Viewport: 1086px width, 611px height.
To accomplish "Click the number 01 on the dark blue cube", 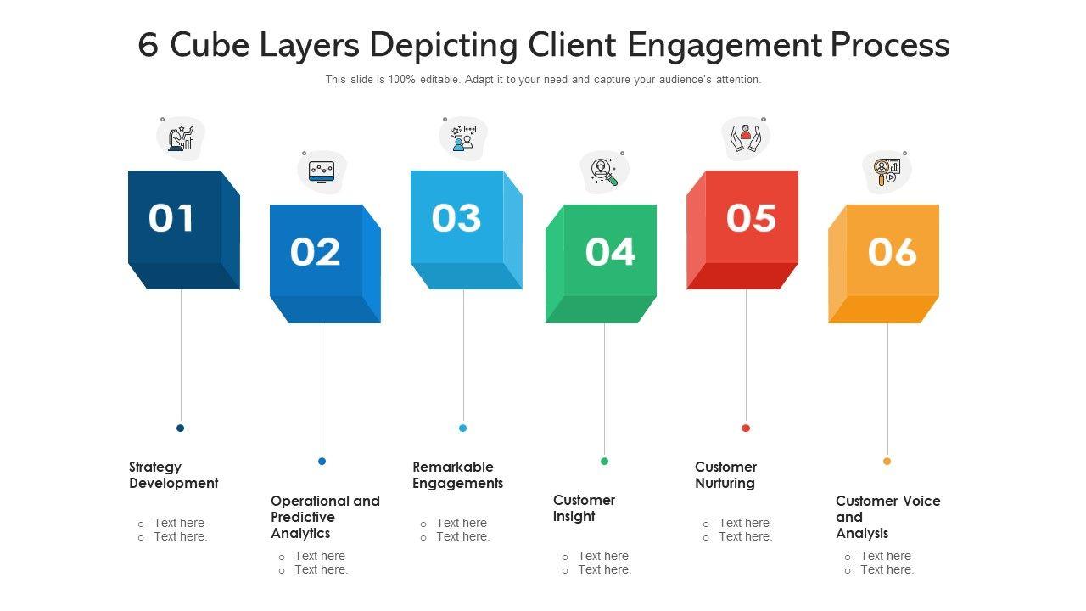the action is tap(171, 218).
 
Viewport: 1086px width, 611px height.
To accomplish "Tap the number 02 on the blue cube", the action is tap(315, 252).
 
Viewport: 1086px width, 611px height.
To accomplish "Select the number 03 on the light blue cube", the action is tap(456, 218).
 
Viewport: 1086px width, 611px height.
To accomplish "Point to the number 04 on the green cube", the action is tap(610, 252).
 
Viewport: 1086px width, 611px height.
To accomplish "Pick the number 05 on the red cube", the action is tap(751, 218).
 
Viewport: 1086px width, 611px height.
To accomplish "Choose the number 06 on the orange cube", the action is tap(892, 252).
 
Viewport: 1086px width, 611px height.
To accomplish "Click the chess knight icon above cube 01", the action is tap(181, 138).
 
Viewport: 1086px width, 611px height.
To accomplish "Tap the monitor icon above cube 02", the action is tap(322, 172).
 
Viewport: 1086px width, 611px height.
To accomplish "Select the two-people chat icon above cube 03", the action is tap(463, 138).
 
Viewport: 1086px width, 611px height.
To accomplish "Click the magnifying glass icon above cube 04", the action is tap(604, 172).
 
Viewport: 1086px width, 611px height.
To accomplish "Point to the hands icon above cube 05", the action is tap(746, 138).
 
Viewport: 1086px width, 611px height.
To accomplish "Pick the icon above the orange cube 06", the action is tap(887, 172).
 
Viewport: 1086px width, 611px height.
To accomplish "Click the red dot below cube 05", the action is tap(746, 429).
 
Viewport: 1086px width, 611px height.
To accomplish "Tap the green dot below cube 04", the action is tap(604, 461).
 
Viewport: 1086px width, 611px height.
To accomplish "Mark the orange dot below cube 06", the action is tap(887, 461).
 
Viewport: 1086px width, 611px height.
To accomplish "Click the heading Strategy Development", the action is tap(174, 475).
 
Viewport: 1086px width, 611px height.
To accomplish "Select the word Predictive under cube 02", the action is tap(303, 517).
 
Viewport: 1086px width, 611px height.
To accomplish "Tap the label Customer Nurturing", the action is tap(725, 475).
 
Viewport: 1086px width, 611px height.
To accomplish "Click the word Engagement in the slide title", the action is tap(725, 46).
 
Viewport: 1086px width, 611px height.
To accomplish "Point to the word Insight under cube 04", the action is tap(574, 517).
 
